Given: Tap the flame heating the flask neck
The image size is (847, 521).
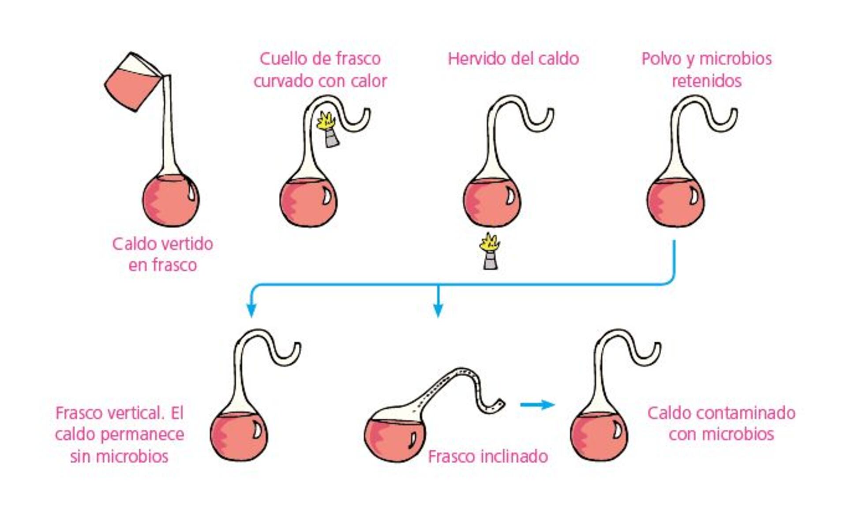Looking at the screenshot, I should (x=327, y=120).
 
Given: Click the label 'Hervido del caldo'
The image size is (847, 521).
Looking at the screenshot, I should (x=513, y=59).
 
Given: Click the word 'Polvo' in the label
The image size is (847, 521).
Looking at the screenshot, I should (x=661, y=59).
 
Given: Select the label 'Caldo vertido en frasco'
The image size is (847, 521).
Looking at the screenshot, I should (x=162, y=254).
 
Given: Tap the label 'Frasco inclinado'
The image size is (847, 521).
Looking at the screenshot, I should (x=488, y=456).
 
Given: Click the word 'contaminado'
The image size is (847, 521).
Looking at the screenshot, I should (x=746, y=413).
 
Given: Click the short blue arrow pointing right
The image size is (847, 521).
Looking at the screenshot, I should (x=537, y=404).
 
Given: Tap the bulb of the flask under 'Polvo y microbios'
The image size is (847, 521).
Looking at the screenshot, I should (x=675, y=202).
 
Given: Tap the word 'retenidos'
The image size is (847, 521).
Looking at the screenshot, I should (x=707, y=81).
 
